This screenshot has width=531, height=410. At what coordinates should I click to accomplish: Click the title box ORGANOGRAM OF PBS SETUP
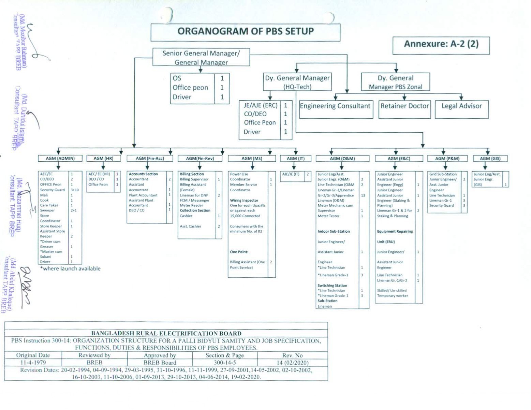pos(245,32)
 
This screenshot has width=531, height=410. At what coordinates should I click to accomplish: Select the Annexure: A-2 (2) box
pos(441,45)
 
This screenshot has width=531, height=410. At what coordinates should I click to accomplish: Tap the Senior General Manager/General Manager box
pos(201,57)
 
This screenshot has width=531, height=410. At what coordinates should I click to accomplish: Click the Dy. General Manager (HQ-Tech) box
pos(297,82)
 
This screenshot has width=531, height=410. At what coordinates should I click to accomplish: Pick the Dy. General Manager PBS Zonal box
pos(395,82)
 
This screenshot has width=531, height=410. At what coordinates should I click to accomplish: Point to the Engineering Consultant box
pos(336,109)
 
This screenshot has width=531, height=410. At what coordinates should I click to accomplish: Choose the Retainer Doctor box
pos(404,109)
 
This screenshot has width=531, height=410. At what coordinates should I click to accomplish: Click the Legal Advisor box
pos(461,109)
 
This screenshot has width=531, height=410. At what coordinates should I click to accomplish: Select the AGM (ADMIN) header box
pos(60,159)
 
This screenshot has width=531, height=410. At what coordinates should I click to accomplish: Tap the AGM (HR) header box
pos(103,159)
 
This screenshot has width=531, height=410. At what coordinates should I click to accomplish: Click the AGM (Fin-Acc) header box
pos(150,159)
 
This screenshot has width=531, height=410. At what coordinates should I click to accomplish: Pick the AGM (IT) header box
pos(295,159)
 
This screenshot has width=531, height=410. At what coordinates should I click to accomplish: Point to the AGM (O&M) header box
pos(342,159)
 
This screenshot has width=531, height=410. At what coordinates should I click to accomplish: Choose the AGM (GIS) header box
pos(490,159)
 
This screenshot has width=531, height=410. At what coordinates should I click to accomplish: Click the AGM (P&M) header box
pos(447,159)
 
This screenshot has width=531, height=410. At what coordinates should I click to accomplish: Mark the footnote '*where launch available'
pos(70,269)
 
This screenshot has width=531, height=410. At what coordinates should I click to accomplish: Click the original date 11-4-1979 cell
pos(33,363)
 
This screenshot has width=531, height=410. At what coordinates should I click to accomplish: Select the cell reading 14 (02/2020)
pos(292,363)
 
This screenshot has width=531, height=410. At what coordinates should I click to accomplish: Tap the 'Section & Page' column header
pos(225,355)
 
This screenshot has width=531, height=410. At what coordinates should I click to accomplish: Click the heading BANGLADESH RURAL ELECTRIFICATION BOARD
pos(166,333)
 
